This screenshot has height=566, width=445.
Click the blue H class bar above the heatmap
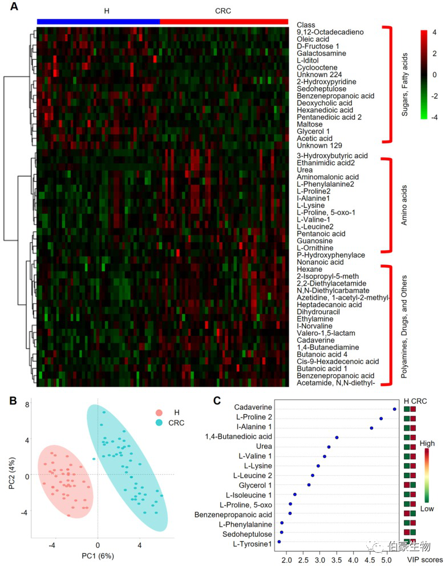point(98,21)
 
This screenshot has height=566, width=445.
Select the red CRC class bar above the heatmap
point(224,21)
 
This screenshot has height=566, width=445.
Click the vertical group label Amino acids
point(404,205)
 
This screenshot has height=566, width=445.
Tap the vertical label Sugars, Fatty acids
point(404,84)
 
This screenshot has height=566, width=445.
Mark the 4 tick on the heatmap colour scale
point(434,33)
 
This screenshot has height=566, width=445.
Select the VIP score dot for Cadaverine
point(394,409)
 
